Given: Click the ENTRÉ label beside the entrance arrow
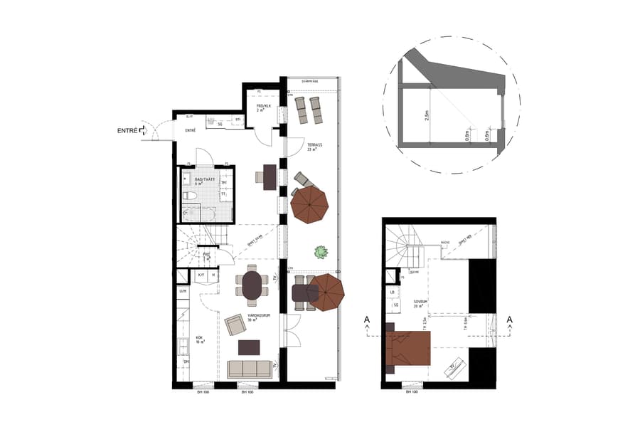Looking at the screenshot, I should point(127,131).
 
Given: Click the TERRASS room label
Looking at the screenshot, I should point(314,146).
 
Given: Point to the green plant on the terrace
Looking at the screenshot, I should point(321,251).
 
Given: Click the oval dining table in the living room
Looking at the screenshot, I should point(252,285).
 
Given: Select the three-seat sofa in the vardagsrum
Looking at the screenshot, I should point(249,369).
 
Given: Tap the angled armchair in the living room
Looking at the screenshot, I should point(235,325).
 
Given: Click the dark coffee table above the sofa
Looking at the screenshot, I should point(249,347).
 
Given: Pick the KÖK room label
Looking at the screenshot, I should point(200,339).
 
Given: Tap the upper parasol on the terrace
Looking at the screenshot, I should point(310,204).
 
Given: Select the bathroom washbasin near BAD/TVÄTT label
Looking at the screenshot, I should point(186,179).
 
